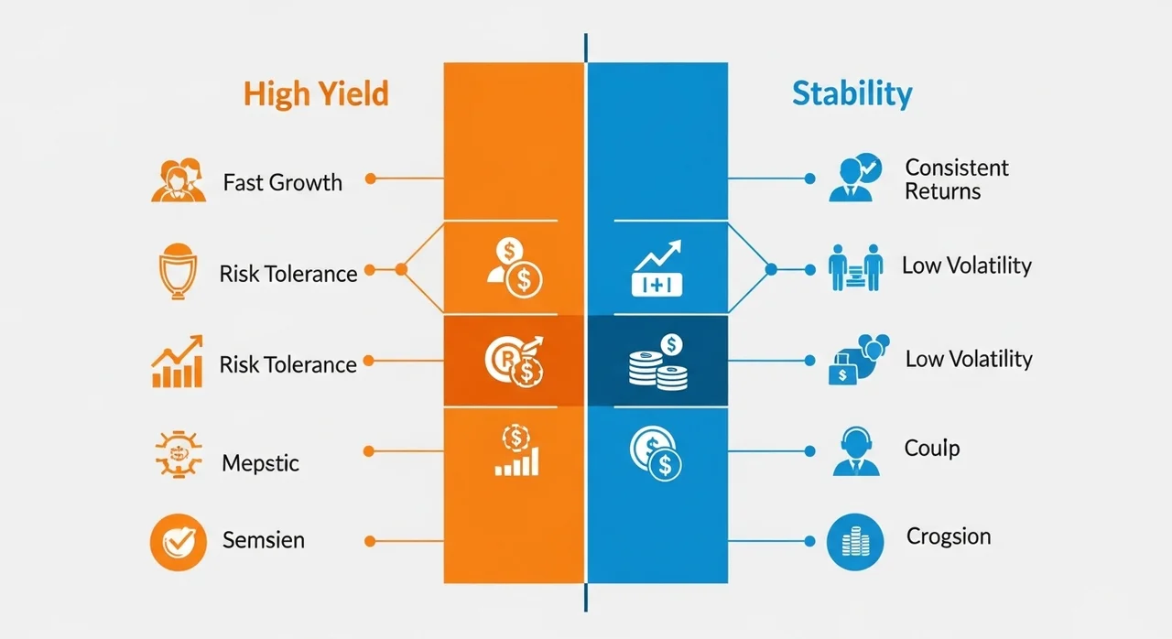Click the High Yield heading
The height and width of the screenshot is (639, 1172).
pos(316,94)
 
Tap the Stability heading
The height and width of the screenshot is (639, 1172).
pos(852,94)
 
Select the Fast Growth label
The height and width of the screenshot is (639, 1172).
pos(283,182)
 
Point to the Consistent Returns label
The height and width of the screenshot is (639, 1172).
pos(957,179)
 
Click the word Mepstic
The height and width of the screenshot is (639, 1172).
pos(260,463)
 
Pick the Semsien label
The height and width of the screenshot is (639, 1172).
pos(263,539)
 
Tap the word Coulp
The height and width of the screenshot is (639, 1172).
pos(932,449)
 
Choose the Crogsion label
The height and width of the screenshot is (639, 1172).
pos(948,536)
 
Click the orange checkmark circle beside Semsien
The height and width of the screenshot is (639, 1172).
pos(178,542)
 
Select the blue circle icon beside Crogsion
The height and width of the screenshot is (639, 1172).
pos(855,542)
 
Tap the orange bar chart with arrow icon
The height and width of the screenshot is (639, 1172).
pos(178,362)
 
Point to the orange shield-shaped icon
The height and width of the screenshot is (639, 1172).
pos(178,271)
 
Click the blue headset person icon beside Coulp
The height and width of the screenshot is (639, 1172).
pos(856,451)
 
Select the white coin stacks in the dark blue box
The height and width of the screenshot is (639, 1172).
pos(657,362)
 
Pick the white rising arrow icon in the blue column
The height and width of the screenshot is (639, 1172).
pos(657,268)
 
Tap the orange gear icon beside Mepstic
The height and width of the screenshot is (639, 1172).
pos(179,454)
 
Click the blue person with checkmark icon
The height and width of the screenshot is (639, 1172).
pos(855,178)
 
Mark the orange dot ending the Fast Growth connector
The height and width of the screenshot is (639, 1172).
pos(371,179)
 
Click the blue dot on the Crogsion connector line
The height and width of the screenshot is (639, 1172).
pos(809,541)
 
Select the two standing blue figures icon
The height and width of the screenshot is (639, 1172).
pos(855,267)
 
